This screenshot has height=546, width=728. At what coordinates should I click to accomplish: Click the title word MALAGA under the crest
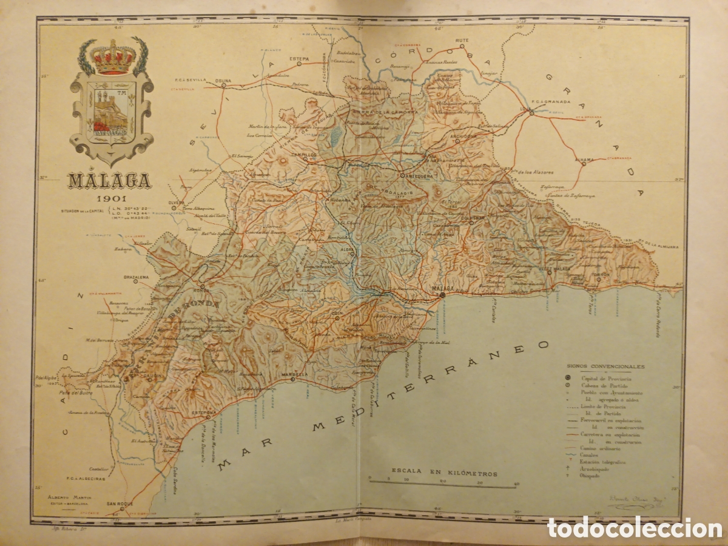[110, 181]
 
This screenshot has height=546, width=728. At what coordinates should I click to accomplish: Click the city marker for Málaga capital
[442, 294]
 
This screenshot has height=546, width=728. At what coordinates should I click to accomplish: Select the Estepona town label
[204, 413]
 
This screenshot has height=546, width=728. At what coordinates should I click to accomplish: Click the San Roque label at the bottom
[120, 503]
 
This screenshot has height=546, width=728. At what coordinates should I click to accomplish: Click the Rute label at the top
[463, 41]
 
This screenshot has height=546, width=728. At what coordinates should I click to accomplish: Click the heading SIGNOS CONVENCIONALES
[596, 366]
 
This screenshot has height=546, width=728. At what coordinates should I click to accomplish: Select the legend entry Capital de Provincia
[602, 377]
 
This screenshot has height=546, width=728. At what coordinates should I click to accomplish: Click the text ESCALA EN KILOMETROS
[444, 473]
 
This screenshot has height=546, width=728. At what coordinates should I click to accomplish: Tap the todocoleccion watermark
[634, 527]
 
